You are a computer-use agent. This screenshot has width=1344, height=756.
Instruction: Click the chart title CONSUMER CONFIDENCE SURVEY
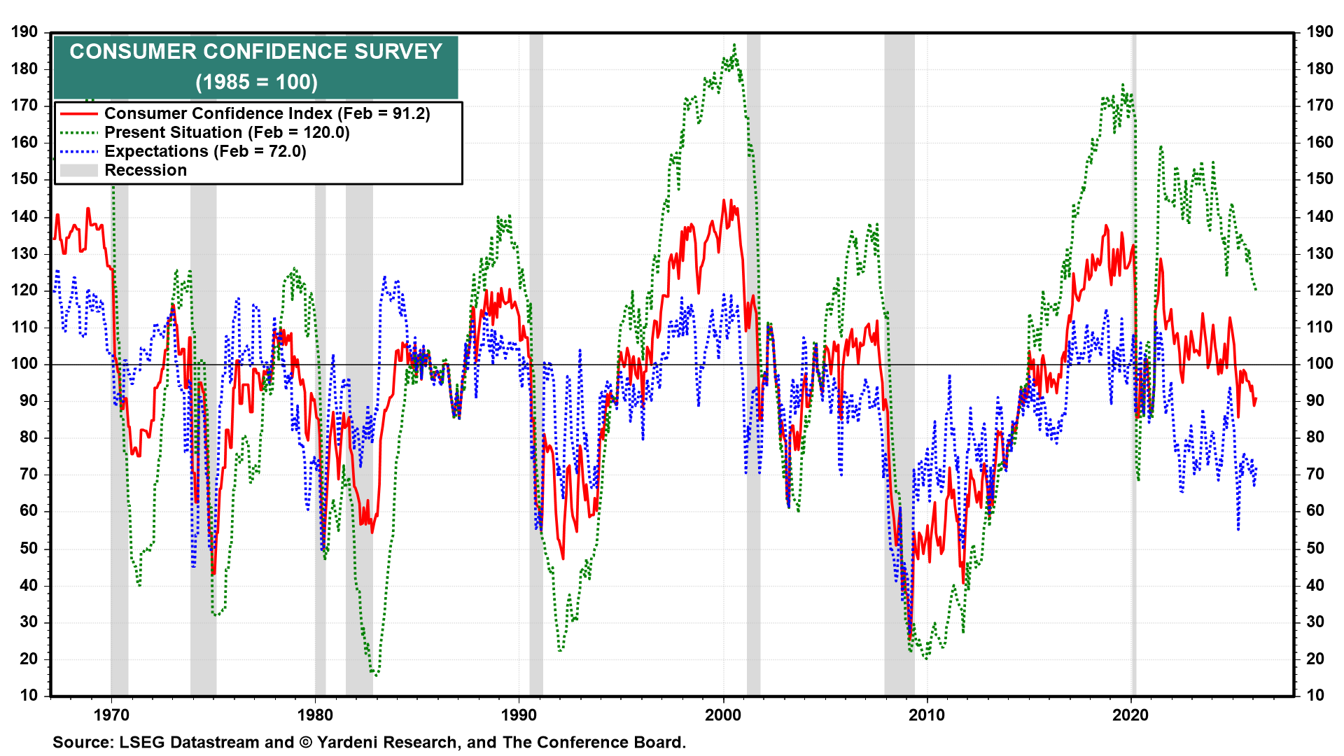tap(255, 52)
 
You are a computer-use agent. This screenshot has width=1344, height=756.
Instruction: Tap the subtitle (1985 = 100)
tap(256, 83)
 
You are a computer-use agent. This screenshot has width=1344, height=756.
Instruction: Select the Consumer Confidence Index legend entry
tap(267, 113)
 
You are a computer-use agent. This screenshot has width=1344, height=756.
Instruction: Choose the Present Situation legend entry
tap(227, 132)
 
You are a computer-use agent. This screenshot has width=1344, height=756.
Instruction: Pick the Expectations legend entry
tap(205, 151)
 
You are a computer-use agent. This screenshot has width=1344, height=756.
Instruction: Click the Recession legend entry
tap(146, 170)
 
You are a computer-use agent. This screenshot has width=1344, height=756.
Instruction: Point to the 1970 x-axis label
tap(111, 715)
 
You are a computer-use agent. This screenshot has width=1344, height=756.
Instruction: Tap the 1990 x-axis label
tap(519, 715)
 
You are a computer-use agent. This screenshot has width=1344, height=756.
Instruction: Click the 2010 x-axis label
tap(927, 715)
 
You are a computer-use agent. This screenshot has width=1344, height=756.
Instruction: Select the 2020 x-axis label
tap(1130, 715)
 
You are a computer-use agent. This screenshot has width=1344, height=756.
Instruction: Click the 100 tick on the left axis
tap(24, 363)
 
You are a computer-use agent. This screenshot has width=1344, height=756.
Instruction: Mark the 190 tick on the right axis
tap(1319, 31)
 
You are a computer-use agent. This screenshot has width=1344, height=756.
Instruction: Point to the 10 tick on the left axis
tap(29, 695)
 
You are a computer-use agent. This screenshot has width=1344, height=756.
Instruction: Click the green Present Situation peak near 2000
tap(734, 45)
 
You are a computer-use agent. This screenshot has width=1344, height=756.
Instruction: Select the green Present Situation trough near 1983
tap(376, 675)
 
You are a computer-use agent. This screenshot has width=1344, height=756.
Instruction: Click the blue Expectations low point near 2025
tap(1238, 529)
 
